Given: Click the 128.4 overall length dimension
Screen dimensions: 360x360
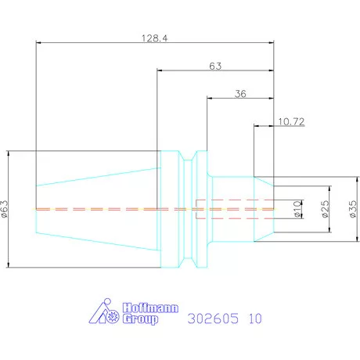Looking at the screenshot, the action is tap(155, 38).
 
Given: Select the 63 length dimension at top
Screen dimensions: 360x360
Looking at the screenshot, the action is tap(215, 67).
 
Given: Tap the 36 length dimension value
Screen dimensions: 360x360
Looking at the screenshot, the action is tap(240, 94).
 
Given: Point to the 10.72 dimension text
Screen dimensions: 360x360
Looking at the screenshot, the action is tap(291, 121).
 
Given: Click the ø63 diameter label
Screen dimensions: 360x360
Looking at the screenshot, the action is tap(5, 209).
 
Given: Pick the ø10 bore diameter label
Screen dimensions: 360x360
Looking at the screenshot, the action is tap(297, 209).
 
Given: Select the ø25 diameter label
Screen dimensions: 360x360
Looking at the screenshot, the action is tap(325, 209).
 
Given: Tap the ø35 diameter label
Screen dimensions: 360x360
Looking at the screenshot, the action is tap(353, 209).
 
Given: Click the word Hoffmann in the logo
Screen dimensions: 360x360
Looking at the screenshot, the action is tap(150, 308).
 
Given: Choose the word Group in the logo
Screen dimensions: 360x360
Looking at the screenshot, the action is tap(141, 319).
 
